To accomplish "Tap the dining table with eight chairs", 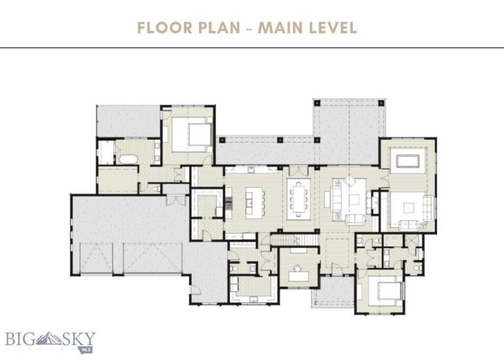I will point(300,199).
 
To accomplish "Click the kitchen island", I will point(251,201).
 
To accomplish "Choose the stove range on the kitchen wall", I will point(228,202).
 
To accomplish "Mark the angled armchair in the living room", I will point(351,180).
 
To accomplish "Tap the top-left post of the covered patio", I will point(317,103).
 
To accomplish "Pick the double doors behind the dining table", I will point(298,171).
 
